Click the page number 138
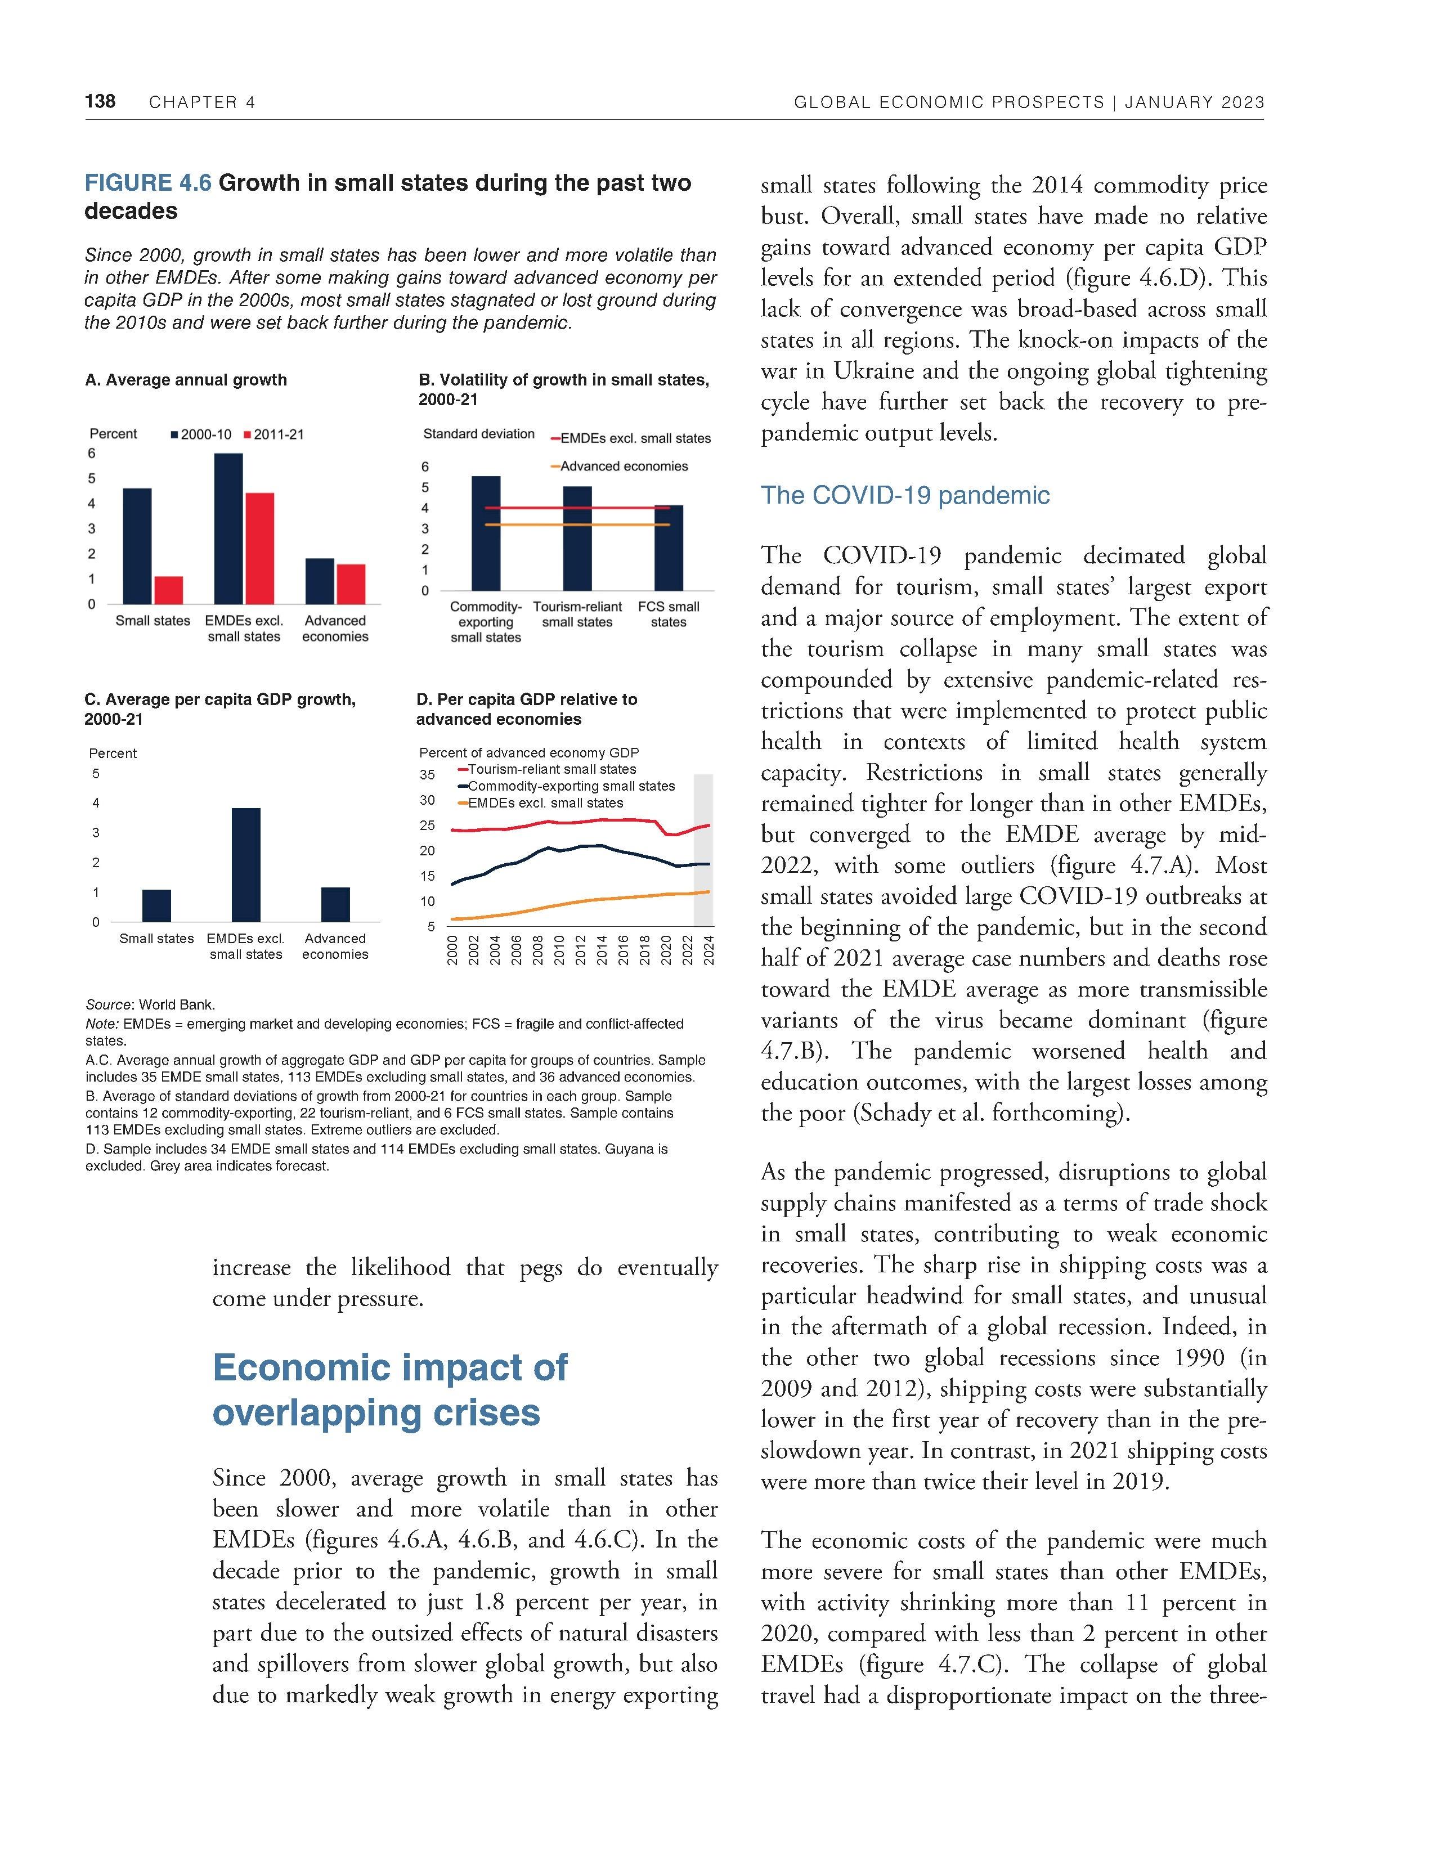(100, 102)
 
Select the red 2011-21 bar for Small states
(168, 590)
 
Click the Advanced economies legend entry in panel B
(623, 466)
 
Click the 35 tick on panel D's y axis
(427, 775)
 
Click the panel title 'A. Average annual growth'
(185, 380)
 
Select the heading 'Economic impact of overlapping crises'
(389, 1390)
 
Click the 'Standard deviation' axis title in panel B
(479, 434)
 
